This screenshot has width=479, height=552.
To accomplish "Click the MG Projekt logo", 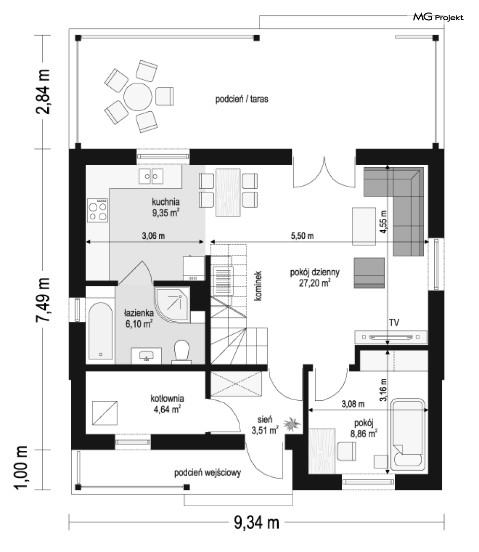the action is click(x=438, y=17).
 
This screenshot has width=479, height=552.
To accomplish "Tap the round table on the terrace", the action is click(x=138, y=97).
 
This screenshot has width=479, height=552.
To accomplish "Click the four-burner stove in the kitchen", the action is click(x=98, y=210).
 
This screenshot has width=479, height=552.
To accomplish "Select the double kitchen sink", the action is click(x=151, y=176).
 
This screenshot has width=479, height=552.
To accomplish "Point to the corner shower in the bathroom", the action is click(x=172, y=304).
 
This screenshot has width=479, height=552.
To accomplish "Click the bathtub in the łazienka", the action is click(x=100, y=330).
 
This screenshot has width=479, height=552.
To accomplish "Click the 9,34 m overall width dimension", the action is click(x=257, y=523).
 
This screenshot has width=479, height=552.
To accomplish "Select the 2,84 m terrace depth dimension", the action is click(x=43, y=92).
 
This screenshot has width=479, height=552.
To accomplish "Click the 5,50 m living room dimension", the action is click(x=302, y=236).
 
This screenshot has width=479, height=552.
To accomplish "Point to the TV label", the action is click(x=394, y=322).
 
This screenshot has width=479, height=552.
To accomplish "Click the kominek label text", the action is click(x=258, y=286).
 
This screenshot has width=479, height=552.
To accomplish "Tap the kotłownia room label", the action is click(x=167, y=398).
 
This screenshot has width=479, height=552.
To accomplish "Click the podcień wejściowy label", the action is click(x=207, y=473).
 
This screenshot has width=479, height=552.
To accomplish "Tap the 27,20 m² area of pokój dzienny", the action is click(x=315, y=283).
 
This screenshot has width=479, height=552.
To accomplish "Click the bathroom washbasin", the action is click(x=146, y=355).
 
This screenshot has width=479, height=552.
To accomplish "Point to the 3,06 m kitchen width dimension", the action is click(x=154, y=236).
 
